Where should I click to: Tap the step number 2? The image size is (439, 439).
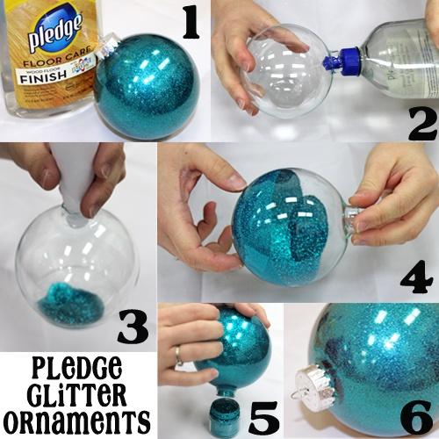(x=422, y=124)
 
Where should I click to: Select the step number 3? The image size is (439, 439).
(x=133, y=327)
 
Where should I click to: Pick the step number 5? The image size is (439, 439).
(x=263, y=419)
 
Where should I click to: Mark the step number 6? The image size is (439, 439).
(x=416, y=418)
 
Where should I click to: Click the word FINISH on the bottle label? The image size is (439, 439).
(x=43, y=76)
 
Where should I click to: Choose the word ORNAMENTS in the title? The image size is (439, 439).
(x=76, y=421)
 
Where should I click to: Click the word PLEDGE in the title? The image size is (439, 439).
(x=76, y=368)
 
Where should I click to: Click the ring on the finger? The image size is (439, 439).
(x=179, y=356)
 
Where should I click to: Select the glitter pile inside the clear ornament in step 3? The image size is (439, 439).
(x=70, y=303)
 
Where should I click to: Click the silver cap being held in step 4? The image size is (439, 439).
(x=354, y=220)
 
